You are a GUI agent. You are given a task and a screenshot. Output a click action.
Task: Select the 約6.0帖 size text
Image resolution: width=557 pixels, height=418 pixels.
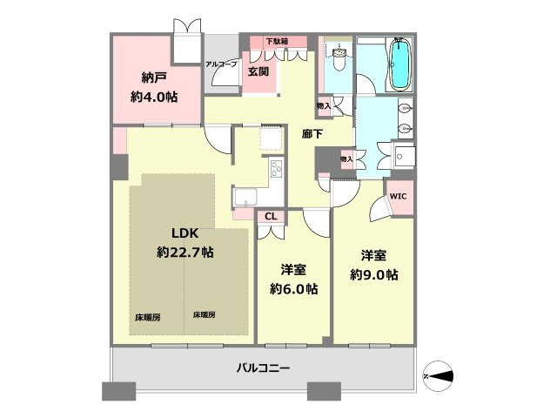(293, 289)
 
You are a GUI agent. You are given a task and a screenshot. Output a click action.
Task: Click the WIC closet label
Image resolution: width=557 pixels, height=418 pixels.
(397, 197)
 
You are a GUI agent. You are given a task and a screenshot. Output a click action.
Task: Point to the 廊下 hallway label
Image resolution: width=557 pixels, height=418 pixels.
(313, 135)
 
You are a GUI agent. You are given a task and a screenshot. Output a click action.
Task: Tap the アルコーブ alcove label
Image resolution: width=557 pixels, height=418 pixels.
(221, 64)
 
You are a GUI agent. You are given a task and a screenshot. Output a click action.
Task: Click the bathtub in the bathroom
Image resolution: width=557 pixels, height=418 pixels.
(399, 64)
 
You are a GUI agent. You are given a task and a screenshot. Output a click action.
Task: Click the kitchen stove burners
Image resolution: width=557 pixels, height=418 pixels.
(276, 168)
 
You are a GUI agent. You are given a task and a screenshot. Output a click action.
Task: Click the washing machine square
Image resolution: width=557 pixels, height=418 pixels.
(404, 158)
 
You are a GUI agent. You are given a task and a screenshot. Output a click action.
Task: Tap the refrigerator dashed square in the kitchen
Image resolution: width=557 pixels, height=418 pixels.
(272, 138)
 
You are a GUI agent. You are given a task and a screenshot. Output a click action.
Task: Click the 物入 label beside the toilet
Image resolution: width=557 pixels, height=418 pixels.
(324, 106)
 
